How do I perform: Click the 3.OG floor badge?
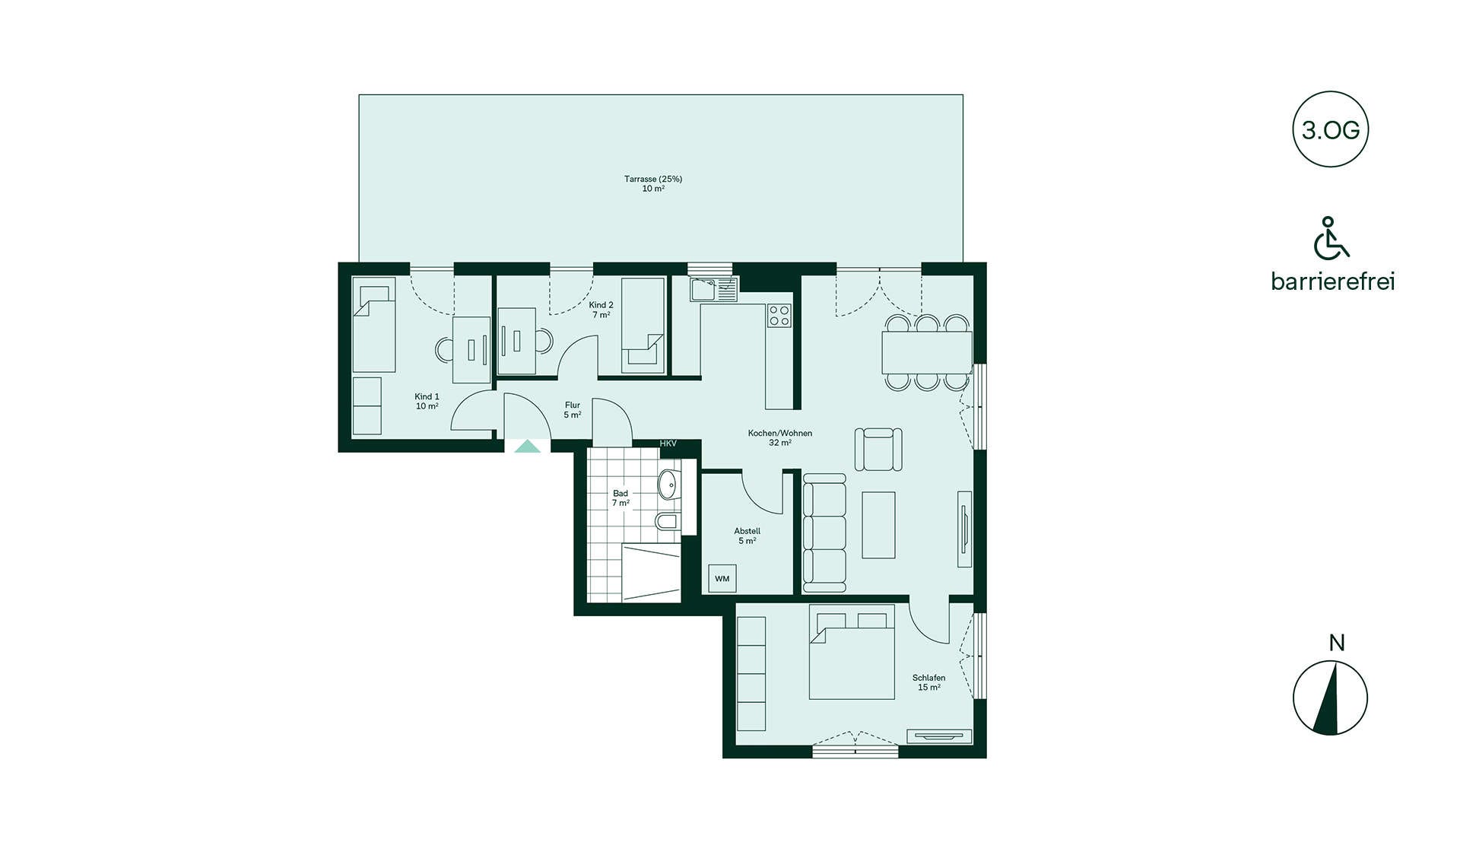click(1330, 129)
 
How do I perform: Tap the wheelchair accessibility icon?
click(1331, 238)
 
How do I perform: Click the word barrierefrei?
click(1333, 281)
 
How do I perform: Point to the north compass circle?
click(1330, 698)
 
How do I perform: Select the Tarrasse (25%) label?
click(653, 180)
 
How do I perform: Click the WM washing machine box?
click(722, 578)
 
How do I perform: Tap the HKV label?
click(668, 443)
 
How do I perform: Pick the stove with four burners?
click(779, 315)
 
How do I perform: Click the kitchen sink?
click(714, 289)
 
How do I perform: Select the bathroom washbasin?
click(668, 485)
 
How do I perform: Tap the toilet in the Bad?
click(667, 522)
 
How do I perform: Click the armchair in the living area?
click(878, 449)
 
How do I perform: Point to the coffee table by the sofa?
click(878, 525)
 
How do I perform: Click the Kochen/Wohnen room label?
click(780, 433)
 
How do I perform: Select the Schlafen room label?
click(928, 678)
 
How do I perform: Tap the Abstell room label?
click(747, 531)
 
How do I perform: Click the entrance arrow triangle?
click(528, 447)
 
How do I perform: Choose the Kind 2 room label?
click(601, 305)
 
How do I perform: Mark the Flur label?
click(573, 405)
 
